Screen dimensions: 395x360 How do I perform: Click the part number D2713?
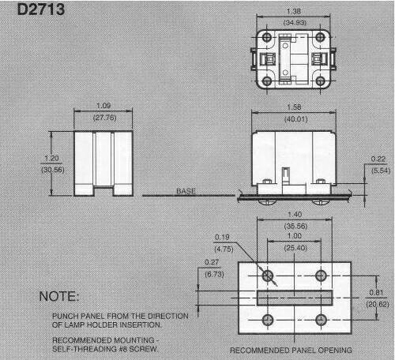pos(41,9)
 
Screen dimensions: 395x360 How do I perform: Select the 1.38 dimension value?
pos(294,11)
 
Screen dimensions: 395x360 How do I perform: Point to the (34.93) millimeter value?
pos(295,22)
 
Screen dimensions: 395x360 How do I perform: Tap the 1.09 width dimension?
pos(103,106)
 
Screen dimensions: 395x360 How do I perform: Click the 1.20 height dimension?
pos(51,159)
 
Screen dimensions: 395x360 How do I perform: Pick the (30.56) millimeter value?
pos(53,170)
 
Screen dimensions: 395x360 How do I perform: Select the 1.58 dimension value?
pos(294,107)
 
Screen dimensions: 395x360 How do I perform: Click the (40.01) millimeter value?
pos(296,119)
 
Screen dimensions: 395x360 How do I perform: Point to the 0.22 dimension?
pos(378,159)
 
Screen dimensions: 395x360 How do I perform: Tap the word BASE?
pos(186,191)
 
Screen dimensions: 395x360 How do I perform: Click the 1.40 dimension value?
pos(295,215)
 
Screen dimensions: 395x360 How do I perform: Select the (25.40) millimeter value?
pos(295,248)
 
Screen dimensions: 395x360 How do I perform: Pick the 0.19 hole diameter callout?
pos(222,237)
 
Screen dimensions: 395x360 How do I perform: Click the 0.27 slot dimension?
pos(212,262)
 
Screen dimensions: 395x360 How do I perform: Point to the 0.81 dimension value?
pos(376,293)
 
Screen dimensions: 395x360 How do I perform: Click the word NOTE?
pos(59,296)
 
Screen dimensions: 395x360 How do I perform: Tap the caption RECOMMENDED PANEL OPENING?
pos(291,351)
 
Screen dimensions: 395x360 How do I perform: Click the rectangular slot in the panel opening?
pos(295,298)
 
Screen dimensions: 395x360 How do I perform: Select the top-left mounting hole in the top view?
pos(267,37)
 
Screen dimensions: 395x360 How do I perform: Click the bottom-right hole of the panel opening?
pos(321,320)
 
